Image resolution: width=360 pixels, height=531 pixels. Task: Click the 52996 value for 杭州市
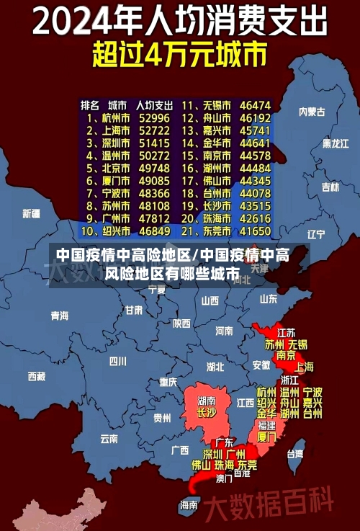155,117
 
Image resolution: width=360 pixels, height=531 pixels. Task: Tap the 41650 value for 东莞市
255,231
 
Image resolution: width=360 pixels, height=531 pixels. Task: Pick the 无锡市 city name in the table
216,105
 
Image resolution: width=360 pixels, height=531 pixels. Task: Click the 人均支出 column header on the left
153,105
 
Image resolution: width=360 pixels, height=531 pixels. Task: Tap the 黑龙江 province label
335,143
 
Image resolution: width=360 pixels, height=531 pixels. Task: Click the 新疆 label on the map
31,213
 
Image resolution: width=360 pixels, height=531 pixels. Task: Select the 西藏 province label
37,376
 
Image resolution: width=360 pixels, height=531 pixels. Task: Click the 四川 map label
117,360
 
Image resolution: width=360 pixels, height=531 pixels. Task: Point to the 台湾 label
295,454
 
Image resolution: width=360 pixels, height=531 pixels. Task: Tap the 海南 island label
189,504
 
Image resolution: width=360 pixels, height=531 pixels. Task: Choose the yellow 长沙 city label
207,414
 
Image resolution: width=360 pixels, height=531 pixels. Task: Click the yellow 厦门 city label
266,437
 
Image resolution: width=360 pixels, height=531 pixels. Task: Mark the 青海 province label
60,315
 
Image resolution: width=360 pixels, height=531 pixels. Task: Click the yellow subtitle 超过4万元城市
179,55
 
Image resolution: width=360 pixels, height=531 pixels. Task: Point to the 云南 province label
109,437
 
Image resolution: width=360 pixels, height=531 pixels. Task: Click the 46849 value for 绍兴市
155,231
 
